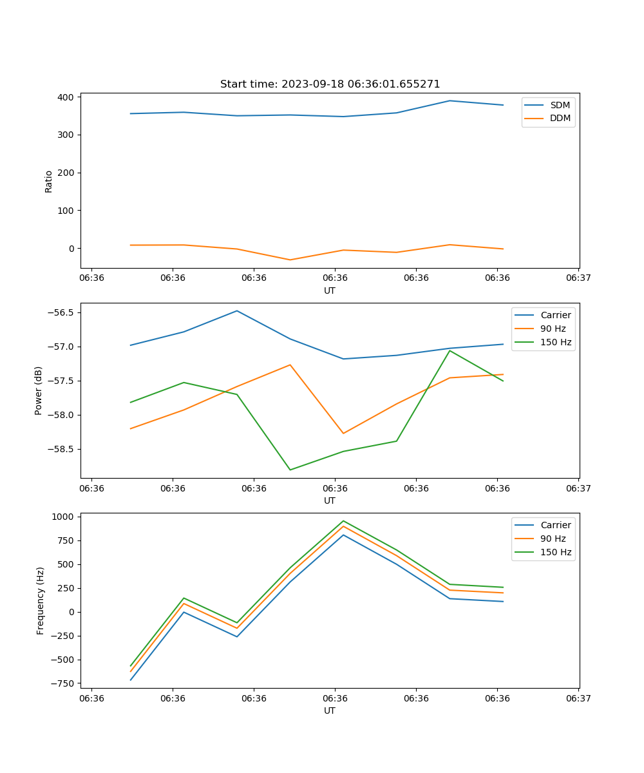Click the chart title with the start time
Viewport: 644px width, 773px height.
(x=330, y=84)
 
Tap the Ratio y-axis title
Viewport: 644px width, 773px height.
(x=48, y=181)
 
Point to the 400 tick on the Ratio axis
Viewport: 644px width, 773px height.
(x=67, y=97)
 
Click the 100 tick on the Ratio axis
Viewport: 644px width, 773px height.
(x=67, y=211)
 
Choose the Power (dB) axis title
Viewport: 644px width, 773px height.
(x=39, y=390)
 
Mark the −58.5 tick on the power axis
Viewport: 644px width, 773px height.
(x=62, y=449)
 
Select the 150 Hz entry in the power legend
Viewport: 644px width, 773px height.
(x=556, y=342)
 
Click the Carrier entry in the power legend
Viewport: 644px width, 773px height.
(x=556, y=315)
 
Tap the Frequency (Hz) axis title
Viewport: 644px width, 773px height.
(x=40, y=600)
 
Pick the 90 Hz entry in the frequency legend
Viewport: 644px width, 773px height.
(x=553, y=539)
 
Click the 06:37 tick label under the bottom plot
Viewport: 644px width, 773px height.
(x=578, y=698)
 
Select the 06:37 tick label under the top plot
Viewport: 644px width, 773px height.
(x=578, y=278)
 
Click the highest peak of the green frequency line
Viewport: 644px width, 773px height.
(x=343, y=521)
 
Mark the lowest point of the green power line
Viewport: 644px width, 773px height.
(x=290, y=470)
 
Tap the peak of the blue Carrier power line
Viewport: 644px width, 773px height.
(x=237, y=310)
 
